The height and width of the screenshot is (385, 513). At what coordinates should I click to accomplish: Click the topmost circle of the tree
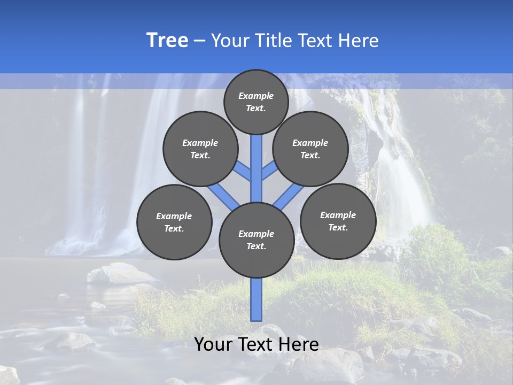[x=256, y=102]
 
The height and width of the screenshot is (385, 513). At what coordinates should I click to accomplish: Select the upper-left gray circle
[x=200, y=149]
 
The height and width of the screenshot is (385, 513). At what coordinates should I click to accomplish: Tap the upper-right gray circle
[x=310, y=149]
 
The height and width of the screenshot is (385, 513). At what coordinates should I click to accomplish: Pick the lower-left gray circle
[x=174, y=222]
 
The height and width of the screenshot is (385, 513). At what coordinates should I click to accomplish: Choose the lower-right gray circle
[x=338, y=221]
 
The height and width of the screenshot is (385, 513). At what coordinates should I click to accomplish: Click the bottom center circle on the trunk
[x=256, y=240]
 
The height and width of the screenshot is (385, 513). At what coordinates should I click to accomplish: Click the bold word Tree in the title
[x=167, y=40]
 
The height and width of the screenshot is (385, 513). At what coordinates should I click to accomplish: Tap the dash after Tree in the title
[x=199, y=41]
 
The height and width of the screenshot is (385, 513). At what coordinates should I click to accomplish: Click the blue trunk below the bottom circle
[x=256, y=299]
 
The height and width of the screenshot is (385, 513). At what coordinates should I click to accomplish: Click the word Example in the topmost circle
[x=256, y=96]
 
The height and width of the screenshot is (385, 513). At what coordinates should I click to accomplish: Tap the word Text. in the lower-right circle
[x=338, y=227]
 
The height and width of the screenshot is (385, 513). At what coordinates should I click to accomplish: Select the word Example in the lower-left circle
[x=174, y=216]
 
